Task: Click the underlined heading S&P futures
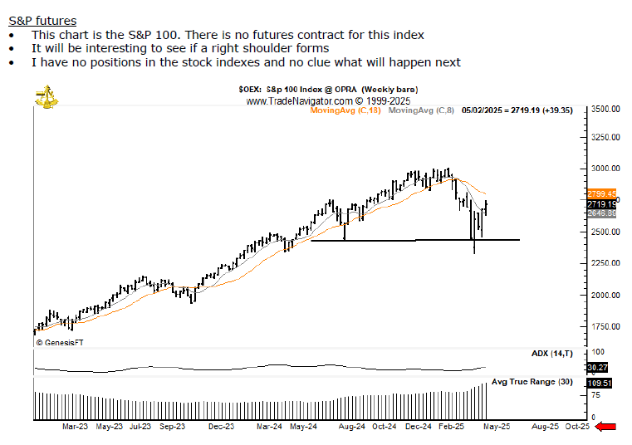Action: [x=42, y=21]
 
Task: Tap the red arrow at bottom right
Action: [x=606, y=426]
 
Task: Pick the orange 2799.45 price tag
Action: [x=600, y=193]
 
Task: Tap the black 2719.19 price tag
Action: [x=600, y=203]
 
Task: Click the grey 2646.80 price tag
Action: [x=600, y=213]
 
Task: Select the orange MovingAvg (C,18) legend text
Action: [x=345, y=110]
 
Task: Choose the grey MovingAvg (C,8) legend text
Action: [x=421, y=110]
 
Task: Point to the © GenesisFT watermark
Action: [x=60, y=342]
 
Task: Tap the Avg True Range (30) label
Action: [x=532, y=382]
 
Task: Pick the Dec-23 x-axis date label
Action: [x=220, y=427]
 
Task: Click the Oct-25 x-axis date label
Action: [x=576, y=427]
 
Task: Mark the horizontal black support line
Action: [x=415, y=240]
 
